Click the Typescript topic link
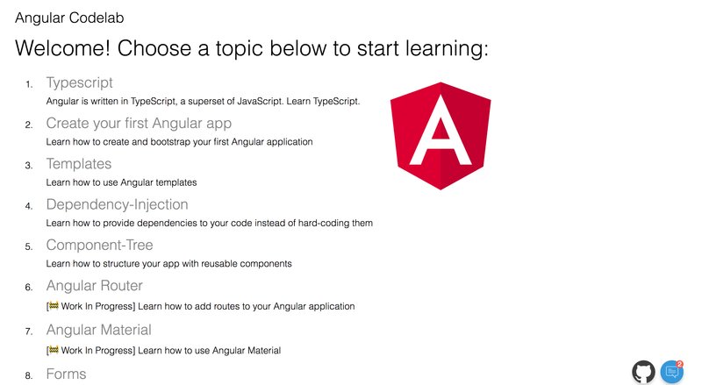[79, 82]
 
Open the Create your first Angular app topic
[139, 123]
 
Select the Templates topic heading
[79, 164]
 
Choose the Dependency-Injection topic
[117, 204]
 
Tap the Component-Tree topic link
[99, 245]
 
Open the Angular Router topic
[95, 286]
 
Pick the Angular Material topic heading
[99, 330]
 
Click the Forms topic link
[67, 374]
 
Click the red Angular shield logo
[441, 136]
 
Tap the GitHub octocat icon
[643, 372]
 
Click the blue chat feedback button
[671, 372]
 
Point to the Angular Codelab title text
[69, 18]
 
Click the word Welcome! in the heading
[62, 48]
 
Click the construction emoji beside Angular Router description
[54, 306]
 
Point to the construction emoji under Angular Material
[54, 350]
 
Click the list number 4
[29, 206]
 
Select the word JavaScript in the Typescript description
[260, 101]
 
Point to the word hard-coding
[323, 223]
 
